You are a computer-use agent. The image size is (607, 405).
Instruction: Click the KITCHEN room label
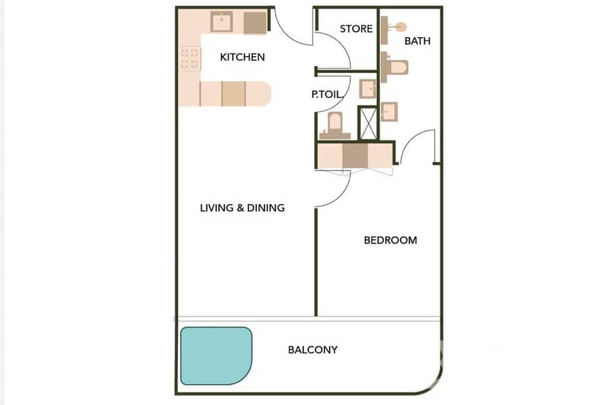pos(242,57)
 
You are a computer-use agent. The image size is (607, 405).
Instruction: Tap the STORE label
pos(356,28)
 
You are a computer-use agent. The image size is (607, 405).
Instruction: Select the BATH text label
pos(417,40)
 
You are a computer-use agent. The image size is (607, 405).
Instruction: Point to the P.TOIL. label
pos(328,94)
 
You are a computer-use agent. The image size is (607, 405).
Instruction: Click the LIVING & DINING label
pos(242,208)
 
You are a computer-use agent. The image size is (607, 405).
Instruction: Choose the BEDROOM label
pos(391,240)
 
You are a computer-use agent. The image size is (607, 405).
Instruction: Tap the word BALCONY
pos(313,350)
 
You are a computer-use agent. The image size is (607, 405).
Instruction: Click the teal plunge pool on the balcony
pos(216,356)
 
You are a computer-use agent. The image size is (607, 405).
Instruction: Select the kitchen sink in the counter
pos(221,22)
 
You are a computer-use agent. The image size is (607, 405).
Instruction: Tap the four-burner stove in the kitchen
pos(190,59)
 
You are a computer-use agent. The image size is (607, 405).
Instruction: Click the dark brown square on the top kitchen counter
pos(255,23)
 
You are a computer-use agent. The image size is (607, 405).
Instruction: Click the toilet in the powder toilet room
pos(335,126)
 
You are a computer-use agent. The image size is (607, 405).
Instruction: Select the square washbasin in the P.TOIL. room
pos(368,88)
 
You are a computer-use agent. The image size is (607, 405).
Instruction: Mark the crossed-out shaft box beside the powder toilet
pos(368,123)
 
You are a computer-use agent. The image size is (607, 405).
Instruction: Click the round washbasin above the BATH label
pos(401,27)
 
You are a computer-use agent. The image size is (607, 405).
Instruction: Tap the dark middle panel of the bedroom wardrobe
pos(355,156)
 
